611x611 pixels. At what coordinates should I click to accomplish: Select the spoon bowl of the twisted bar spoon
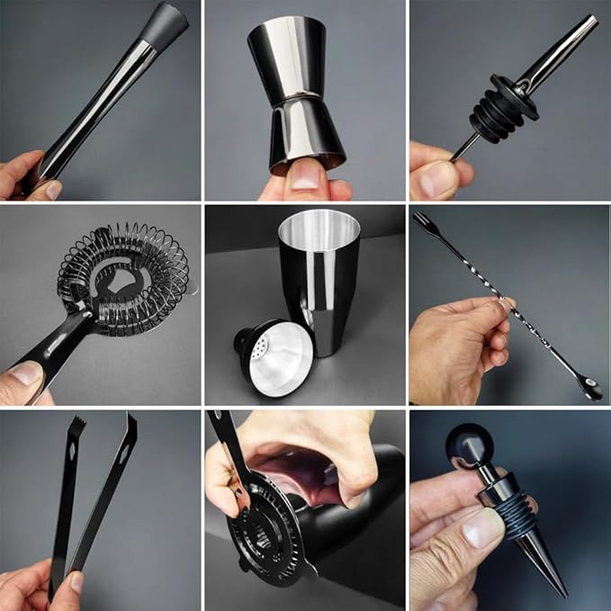coord(590,391)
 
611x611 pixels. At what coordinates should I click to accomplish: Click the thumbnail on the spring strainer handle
coord(23,373)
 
